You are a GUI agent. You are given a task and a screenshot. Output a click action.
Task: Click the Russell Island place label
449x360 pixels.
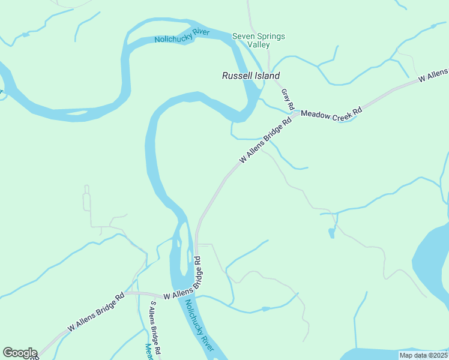(x=251, y=76)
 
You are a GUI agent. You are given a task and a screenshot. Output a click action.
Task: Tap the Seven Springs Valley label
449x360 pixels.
(x=259, y=40)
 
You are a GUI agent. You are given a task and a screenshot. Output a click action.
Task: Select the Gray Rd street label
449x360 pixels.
(x=288, y=99)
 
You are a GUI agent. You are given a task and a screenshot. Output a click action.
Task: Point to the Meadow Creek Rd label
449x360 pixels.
(x=332, y=114)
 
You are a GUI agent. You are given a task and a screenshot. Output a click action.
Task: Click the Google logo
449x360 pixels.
(x=20, y=353)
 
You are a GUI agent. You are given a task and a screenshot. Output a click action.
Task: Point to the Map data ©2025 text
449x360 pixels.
(x=423, y=355)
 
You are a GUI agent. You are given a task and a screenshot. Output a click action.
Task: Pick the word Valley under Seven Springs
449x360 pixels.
(x=259, y=44)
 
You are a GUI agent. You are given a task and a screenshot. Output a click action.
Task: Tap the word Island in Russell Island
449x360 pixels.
(x=267, y=76)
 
